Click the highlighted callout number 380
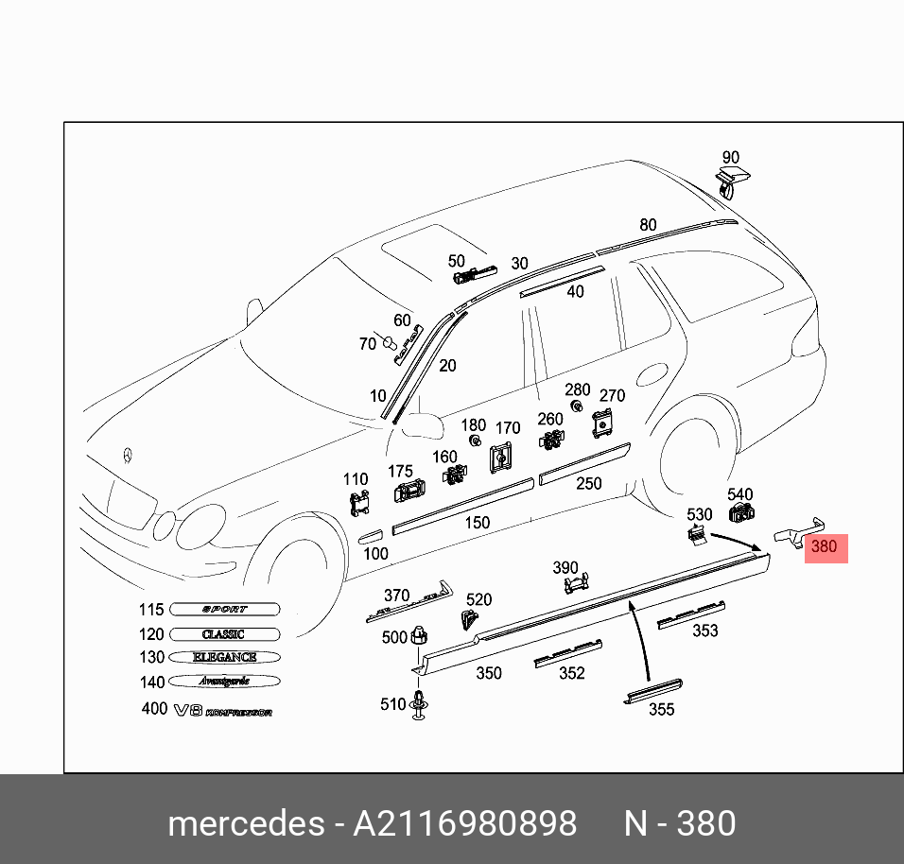click(x=825, y=546)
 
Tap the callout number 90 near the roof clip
click(x=730, y=158)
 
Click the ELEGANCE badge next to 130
click(x=225, y=657)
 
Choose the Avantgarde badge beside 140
click(x=225, y=681)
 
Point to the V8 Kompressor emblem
click(x=222, y=710)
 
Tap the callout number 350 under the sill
click(x=488, y=674)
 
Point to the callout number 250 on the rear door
click(x=589, y=484)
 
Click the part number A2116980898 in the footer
click(x=465, y=823)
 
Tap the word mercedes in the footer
click(x=245, y=823)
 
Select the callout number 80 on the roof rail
click(x=648, y=225)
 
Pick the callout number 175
click(x=401, y=471)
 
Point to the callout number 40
click(x=575, y=292)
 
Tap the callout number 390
click(x=565, y=568)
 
